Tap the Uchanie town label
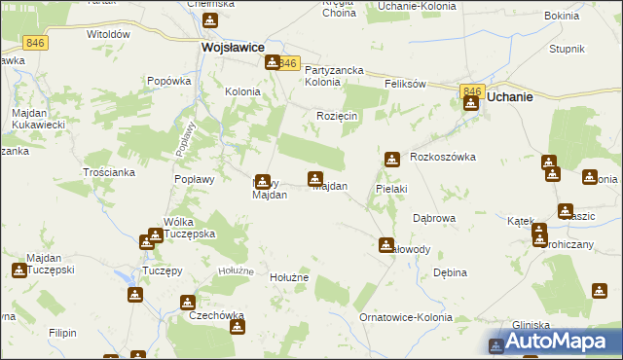[510, 97]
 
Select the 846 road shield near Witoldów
[36, 44]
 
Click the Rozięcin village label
[337, 116]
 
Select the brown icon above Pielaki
[391, 159]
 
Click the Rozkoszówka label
[442, 157]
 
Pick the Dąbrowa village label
[434, 218]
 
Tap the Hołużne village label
[288, 277]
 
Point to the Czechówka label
[216, 315]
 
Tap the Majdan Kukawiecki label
[38, 120]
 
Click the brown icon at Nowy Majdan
[263, 180]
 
